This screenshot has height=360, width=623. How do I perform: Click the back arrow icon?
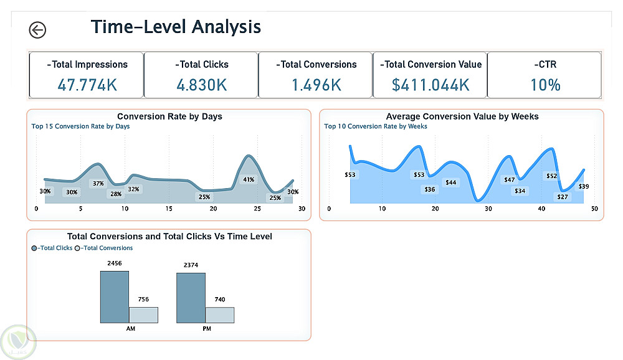[x=37, y=30]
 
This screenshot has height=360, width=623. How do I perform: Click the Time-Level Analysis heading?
[x=176, y=27]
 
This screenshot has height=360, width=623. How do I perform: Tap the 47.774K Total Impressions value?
[x=87, y=85]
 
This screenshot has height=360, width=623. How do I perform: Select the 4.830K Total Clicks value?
[x=201, y=85]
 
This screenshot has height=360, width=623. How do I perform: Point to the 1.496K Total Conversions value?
[x=316, y=85]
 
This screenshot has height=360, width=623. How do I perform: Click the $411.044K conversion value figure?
[x=430, y=85]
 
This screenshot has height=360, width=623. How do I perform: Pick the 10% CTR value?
[x=545, y=85]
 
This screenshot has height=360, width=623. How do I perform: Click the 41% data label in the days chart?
[x=249, y=179]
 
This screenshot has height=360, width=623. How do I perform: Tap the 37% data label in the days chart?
[x=98, y=183]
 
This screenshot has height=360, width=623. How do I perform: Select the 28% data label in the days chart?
[x=116, y=194]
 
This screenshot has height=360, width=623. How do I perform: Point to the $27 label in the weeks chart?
[x=563, y=197]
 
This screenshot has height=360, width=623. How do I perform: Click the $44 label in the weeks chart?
[x=450, y=182]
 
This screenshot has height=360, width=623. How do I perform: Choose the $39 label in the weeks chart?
[x=584, y=186]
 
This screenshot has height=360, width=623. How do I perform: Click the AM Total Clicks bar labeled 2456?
[x=115, y=297]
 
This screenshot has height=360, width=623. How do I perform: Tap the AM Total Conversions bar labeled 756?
[x=143, y=315]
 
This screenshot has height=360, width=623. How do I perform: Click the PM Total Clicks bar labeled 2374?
[x=191, y=298]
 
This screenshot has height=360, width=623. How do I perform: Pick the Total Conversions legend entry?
[x=104, y=248]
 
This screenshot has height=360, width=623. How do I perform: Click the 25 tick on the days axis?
[x=257, y=209]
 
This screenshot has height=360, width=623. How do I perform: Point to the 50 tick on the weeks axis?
[x=594, y=209]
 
